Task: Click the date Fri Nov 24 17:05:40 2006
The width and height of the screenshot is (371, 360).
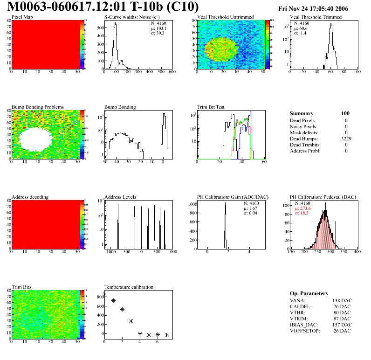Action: click(x=313, y=9)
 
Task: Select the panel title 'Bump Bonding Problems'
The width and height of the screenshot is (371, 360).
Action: click(x=37, y=107)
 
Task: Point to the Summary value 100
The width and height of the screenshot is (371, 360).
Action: click(x=345, y=113)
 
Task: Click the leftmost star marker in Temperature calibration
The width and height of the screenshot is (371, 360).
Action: click(x=104, y=294)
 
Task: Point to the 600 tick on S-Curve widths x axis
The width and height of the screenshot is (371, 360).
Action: click(x=172, y=72)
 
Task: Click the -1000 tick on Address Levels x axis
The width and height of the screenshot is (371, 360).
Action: click(x=110, y=251)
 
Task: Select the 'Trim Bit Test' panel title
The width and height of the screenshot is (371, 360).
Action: click(x=211, y=107)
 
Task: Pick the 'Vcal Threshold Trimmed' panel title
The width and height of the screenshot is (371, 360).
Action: click(x=316, y=17)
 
